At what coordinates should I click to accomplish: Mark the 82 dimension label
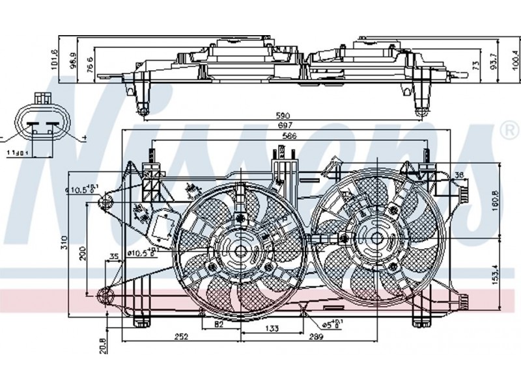coord(219,324)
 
